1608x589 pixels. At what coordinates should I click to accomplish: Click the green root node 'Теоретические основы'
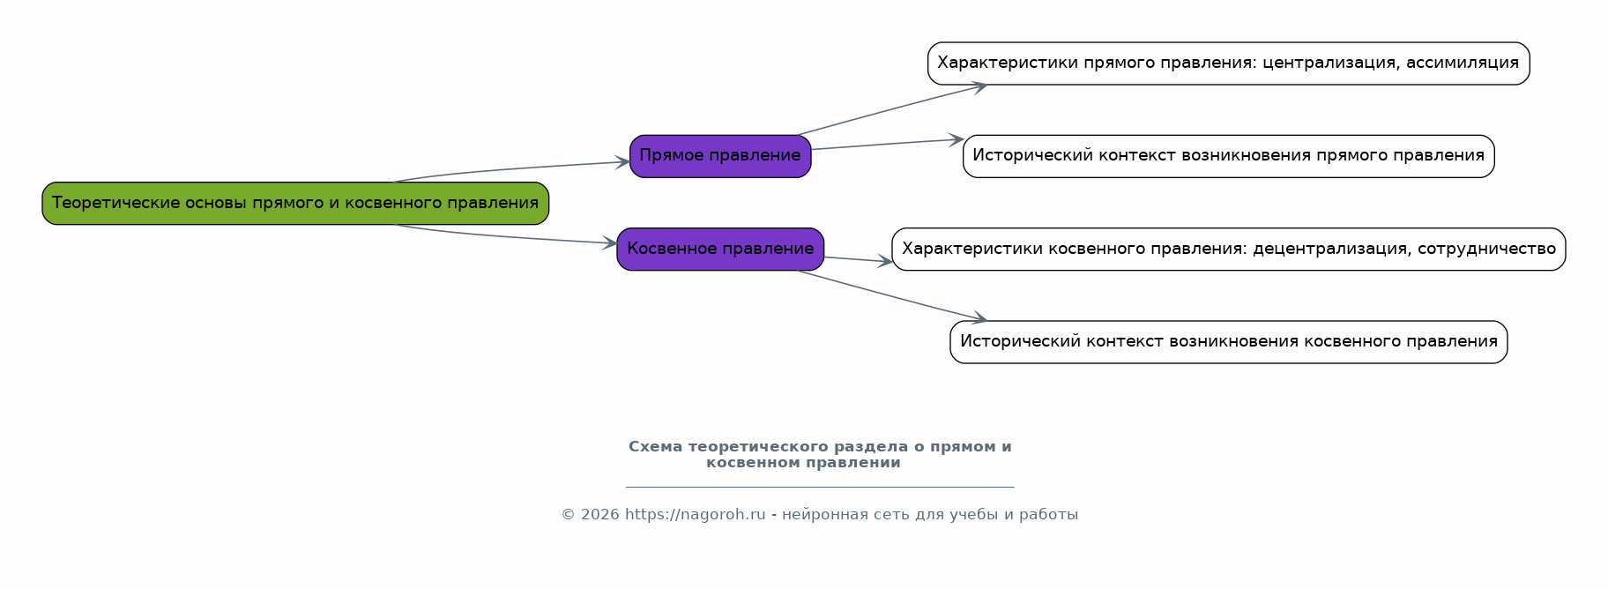(295, 204)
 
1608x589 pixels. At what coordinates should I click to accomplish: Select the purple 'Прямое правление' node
(720, 156)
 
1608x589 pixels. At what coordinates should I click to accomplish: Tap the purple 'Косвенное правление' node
(720, 250)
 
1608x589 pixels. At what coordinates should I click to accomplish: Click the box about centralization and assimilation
(1228, 63)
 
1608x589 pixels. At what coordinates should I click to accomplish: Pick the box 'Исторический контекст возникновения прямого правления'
(1228, 156)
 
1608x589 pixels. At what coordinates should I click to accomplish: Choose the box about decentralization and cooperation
(1228, 250)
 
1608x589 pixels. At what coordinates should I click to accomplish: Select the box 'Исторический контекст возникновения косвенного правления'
(1228, 342)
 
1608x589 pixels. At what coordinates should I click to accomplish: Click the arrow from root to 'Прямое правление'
(511, 169)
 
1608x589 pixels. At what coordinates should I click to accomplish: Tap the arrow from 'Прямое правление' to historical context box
(887, 144)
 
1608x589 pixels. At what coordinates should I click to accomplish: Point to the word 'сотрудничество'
(1487, 250)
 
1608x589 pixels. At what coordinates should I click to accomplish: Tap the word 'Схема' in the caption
(655, 447)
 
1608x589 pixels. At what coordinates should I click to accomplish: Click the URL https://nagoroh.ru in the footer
(695, 515)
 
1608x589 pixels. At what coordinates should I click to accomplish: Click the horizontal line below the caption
(820, 486)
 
